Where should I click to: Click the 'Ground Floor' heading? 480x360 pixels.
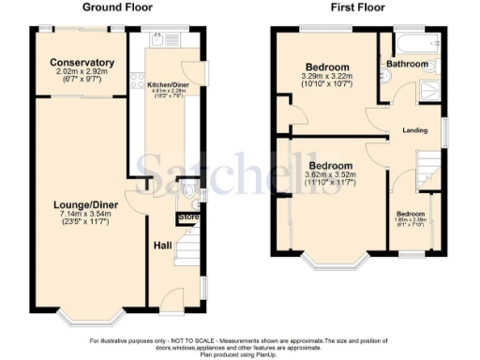coord(118,7)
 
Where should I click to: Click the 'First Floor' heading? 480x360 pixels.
coord(358,7)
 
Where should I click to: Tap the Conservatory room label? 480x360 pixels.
coord(82,64)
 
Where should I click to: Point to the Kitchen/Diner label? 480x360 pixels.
coord(165,84)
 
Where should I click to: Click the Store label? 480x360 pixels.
coord(188,218)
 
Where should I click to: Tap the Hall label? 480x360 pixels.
coord(161,246)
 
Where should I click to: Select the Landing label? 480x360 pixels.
coord(414,129)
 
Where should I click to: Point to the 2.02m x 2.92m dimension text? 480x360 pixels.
coord(82,74)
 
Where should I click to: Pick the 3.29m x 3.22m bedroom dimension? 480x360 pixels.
coord(325,79)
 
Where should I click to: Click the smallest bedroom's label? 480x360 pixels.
coord(410,214)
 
